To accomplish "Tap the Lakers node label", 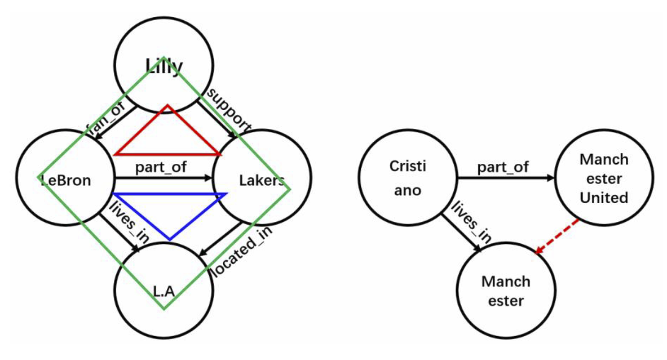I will [x=262, y=180].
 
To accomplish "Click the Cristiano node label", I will [x=407, y=178].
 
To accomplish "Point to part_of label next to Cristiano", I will [x=503, y=167].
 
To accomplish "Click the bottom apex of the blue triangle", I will [x=170, y=239].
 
